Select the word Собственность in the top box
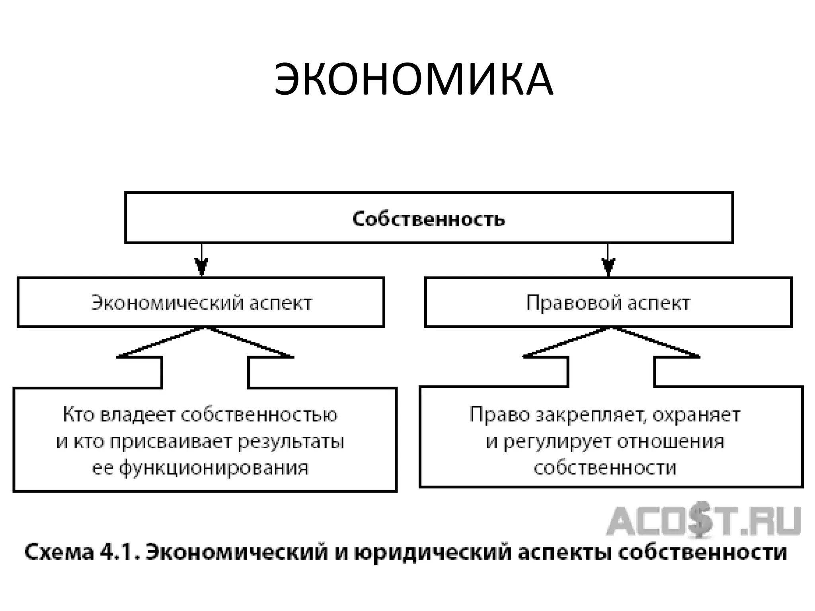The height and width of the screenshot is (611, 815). [x=429, y=219]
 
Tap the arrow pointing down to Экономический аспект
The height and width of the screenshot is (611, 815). [x=201, y=263]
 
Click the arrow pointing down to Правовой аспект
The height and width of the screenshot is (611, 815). [x=608, y=263]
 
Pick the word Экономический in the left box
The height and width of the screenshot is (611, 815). [x=167, y=303]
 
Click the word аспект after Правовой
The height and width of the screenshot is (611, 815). [x=659, y=303]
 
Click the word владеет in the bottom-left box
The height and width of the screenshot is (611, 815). [x=138, y=415]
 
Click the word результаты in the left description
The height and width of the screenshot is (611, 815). [x=291, y=442]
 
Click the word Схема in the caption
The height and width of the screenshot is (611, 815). [x=59, y=552]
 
